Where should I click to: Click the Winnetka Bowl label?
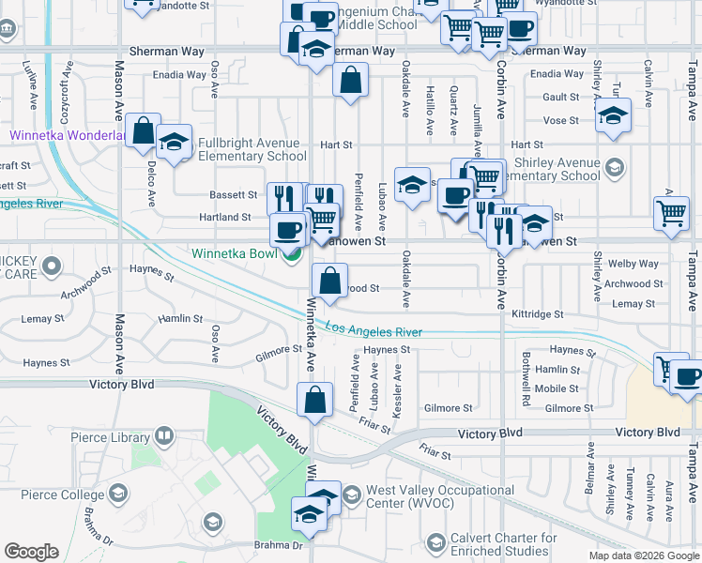pyautogui.click(x=236, y=253)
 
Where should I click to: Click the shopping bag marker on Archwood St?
pyautogui.click(x=329, y=281)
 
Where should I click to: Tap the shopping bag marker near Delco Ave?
pyautogui.click(x=144, y=130)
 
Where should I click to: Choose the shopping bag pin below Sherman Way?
pyautogui.click(x=350, y=81)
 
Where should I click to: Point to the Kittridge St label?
pyautogui.click(x=537, y=314)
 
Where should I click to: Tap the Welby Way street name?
pyautogui.click(x=633, y=264)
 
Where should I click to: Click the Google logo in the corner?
pyautogui.click(x=31, y=552)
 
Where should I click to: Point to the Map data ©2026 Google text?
pyautogui.click(x=643, y=555)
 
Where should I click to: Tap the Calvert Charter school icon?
pyautogui.click(x=435, y=542)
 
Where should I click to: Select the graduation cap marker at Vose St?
pyautogui.click(x=613, y=114)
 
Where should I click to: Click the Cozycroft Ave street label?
pyautogui.click(x=67, y=86)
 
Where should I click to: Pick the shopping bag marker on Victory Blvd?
pyautogui.click(x=315, y=399)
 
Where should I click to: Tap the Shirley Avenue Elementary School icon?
pyautogui.click(x=615, y=167)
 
